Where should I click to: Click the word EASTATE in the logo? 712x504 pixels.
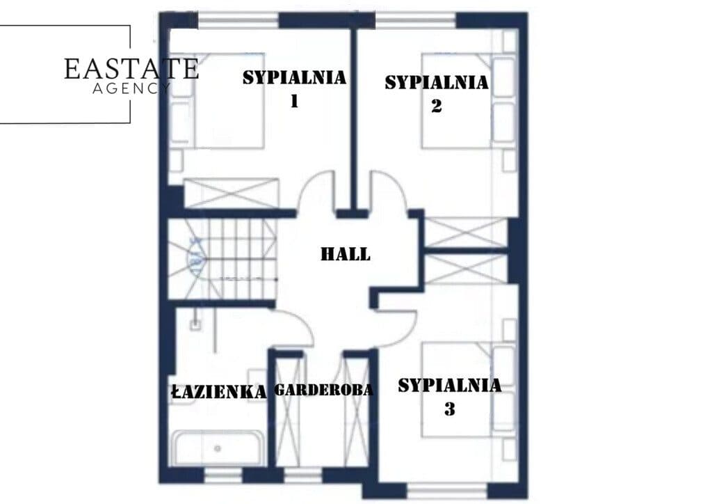click(x=131, y=69)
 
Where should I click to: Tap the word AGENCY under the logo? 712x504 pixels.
click(x=131, y=88)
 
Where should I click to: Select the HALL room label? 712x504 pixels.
click(x=346, y=253)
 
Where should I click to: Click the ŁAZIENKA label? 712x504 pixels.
click(x=219, y=392)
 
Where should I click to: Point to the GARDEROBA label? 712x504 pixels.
click(x=324, y=389)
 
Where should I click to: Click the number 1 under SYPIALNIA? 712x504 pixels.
click(x=294, y=101)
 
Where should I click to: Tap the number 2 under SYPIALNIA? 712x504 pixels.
click(x=436, y=105)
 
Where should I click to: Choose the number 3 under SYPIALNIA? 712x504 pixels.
click(x=450, y=409)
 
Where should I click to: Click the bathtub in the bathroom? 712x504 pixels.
click(x=218, y=448)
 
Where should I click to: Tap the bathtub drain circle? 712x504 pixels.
click(x=218, y=448)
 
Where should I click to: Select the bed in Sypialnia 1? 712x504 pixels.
click(x=217, y=100)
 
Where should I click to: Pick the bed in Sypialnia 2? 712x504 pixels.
click(x=469, y=100)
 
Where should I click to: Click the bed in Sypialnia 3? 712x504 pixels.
click(x=469, y=391)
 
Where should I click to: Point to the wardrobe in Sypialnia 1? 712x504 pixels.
click(x=231, y=193)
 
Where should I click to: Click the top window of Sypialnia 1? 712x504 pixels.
click(x=238, y=20)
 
